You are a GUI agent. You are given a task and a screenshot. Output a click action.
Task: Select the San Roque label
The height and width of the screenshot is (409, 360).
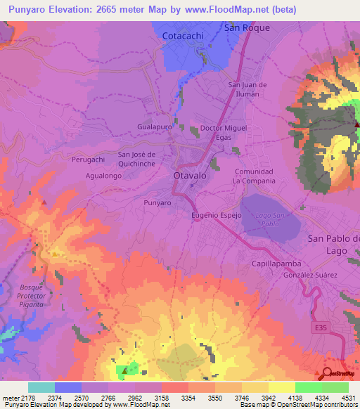[247, 27]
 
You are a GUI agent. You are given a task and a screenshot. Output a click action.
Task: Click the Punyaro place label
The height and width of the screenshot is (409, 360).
[157, 202]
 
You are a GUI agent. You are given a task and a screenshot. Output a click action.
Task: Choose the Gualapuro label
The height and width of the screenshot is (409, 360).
[155, 126]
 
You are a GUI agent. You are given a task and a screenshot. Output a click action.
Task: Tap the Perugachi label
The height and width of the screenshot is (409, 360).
[88, 160]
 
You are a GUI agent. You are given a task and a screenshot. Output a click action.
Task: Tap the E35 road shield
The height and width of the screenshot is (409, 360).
[320, 327]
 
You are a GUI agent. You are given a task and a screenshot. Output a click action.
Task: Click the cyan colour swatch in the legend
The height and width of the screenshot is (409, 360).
[41, 387]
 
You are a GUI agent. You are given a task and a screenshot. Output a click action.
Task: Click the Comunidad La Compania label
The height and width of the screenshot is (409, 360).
[254, 176]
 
